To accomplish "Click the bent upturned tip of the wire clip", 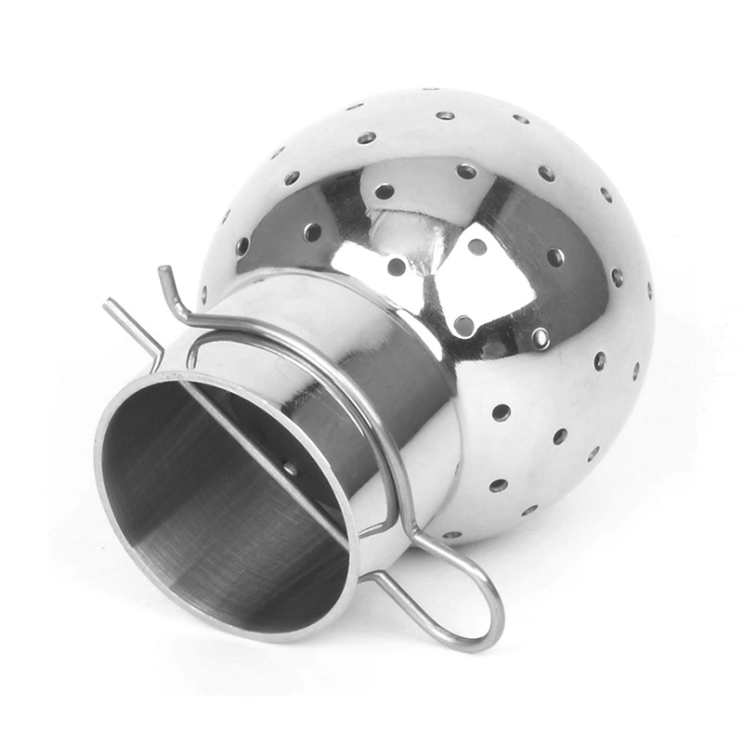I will pyautogui.click(x=163, y=273).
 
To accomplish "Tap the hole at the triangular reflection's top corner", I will pyautogui.click(x=476, y=246).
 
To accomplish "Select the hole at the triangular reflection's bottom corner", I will pyautogui.click(x=463, y=325).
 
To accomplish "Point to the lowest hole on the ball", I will pyautogui.click(x=452, y=535).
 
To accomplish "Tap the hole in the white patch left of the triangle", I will pyautogui.click(x=397, y=267).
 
